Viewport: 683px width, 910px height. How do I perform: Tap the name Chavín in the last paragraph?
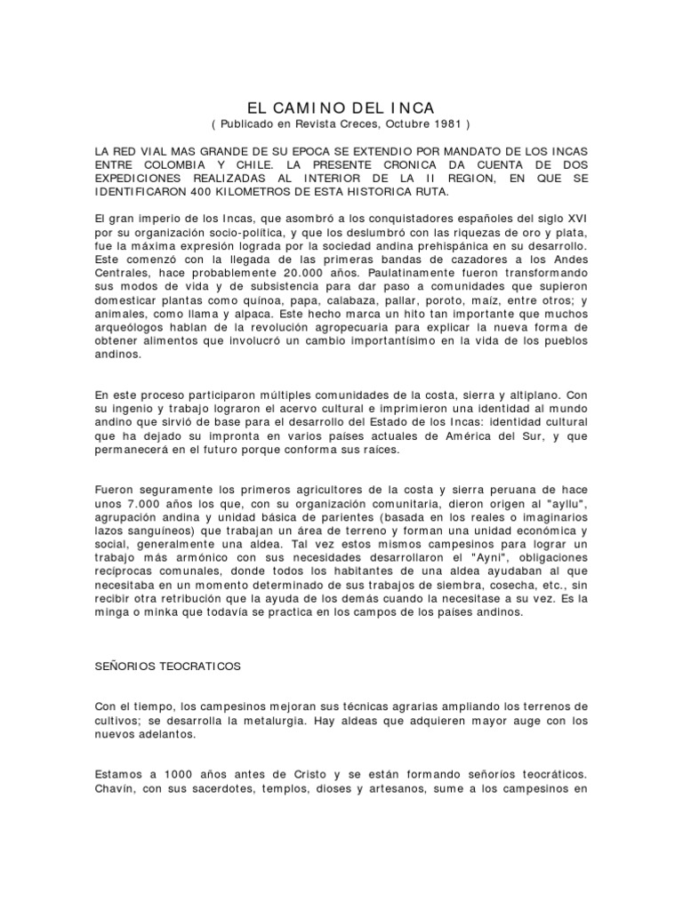click(116, 785)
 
